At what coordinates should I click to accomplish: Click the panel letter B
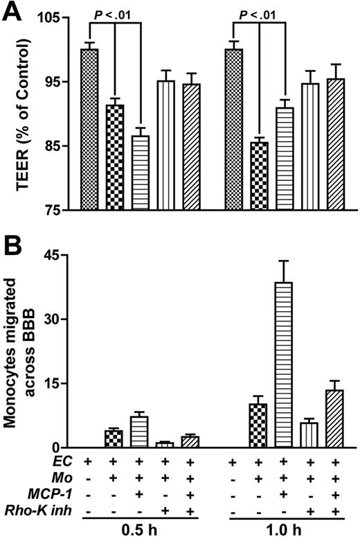(13, 245)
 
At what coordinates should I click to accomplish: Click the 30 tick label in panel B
(58, 319)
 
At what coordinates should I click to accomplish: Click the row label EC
(63, 461)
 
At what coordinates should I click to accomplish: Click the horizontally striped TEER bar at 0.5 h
(141, 173)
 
